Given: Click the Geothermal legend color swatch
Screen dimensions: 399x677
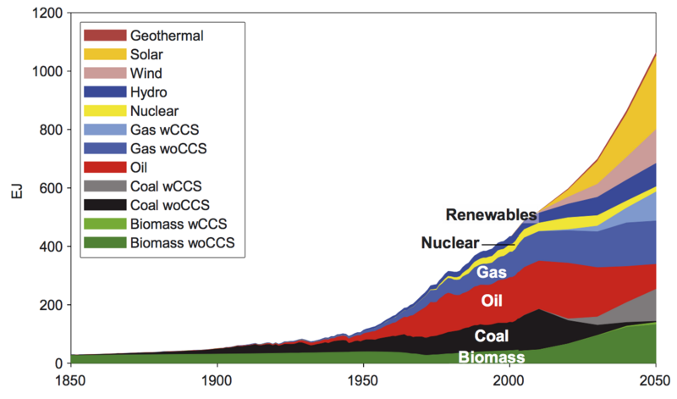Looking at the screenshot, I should [104, 36].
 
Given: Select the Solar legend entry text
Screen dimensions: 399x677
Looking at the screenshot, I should [148, 54].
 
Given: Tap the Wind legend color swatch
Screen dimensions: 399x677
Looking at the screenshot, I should [104, 74].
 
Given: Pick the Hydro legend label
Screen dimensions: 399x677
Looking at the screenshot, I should [149, 92].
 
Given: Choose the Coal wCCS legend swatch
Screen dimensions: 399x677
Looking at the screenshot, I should [104, 186].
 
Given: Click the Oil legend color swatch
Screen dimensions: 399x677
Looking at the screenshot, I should [104, 168].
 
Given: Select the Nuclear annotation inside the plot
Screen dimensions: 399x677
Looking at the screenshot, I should [450, 244].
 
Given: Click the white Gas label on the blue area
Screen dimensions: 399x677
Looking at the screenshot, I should [492, 273].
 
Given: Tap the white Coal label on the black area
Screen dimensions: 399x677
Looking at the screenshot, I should [492, 335].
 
